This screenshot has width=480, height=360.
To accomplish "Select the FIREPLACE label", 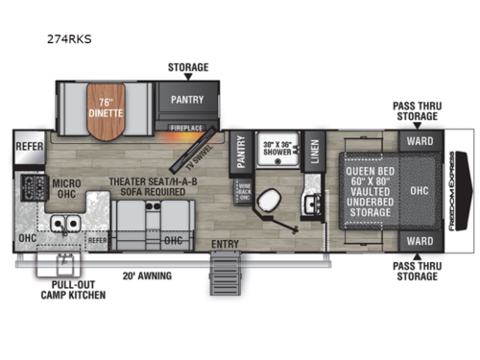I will (x=185, y=126).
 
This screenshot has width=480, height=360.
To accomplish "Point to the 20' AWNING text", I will (x=141, y=276).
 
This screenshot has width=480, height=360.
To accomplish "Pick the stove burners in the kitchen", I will (x=26, y=185).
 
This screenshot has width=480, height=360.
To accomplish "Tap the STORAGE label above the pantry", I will (x=188, y=68).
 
